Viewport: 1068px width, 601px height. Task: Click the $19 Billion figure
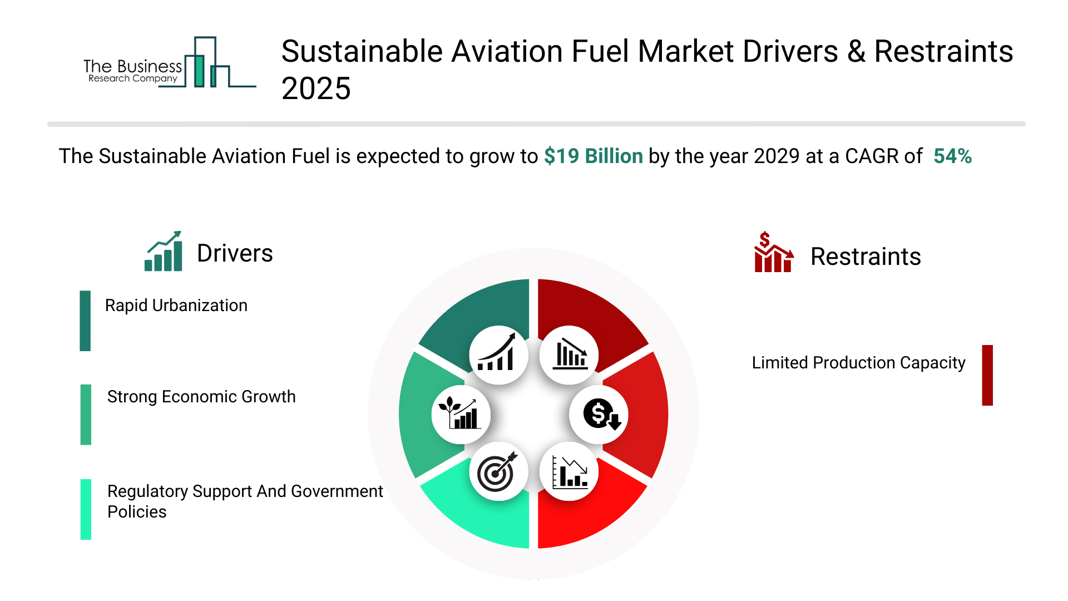[593, 156]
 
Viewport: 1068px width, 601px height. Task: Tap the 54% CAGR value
[952, 156]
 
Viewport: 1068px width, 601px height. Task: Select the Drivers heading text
[235, 254]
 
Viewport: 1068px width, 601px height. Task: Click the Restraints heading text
[866, 257]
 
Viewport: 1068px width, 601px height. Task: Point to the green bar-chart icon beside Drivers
[164, 252]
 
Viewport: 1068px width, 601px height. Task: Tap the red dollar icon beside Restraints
[773, 253]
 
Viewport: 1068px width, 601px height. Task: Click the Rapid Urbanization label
[176, 306]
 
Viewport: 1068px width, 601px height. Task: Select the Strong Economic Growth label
[201, 397]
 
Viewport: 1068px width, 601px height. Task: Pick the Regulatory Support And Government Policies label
[245, 501]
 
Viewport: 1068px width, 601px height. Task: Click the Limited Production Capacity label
[858, 363]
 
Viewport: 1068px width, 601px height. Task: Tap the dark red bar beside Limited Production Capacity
[987, 375]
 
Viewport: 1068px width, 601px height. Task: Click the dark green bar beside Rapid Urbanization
[85, 321]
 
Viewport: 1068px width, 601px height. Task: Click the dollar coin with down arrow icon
[600, 415]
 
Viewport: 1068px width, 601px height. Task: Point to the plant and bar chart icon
[461, 415]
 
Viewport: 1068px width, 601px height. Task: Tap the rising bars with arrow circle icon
[498, 355]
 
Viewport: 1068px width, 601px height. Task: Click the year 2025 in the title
[316, 89]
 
